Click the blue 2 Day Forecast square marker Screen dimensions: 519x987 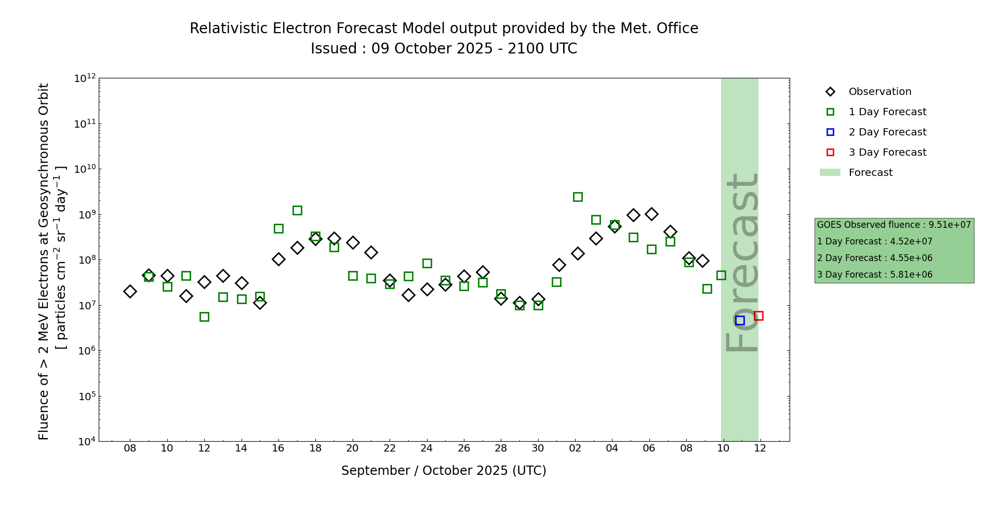click(x=740, y=321)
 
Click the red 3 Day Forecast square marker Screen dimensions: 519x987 click(x=758, y=316)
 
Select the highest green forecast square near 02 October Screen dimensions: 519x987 click(x=578, y=197)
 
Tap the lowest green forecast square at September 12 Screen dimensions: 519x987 click(x=204, y=317)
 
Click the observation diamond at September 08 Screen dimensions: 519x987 click(x=130, y=291)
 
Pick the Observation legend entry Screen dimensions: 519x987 click(x=879, y=92)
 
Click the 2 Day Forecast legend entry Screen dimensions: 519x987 click(x=887, y=132)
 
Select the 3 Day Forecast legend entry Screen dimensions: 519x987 click(x=887, y=153)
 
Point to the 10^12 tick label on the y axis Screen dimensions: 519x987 click(x=85, y=78)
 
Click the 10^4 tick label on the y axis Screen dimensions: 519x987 click(x=85, y=442)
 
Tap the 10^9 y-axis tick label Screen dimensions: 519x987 click(x=85, y=214)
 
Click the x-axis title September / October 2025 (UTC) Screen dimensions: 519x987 click(x=444, y=471)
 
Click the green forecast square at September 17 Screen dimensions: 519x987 click(x=297, y=210)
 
